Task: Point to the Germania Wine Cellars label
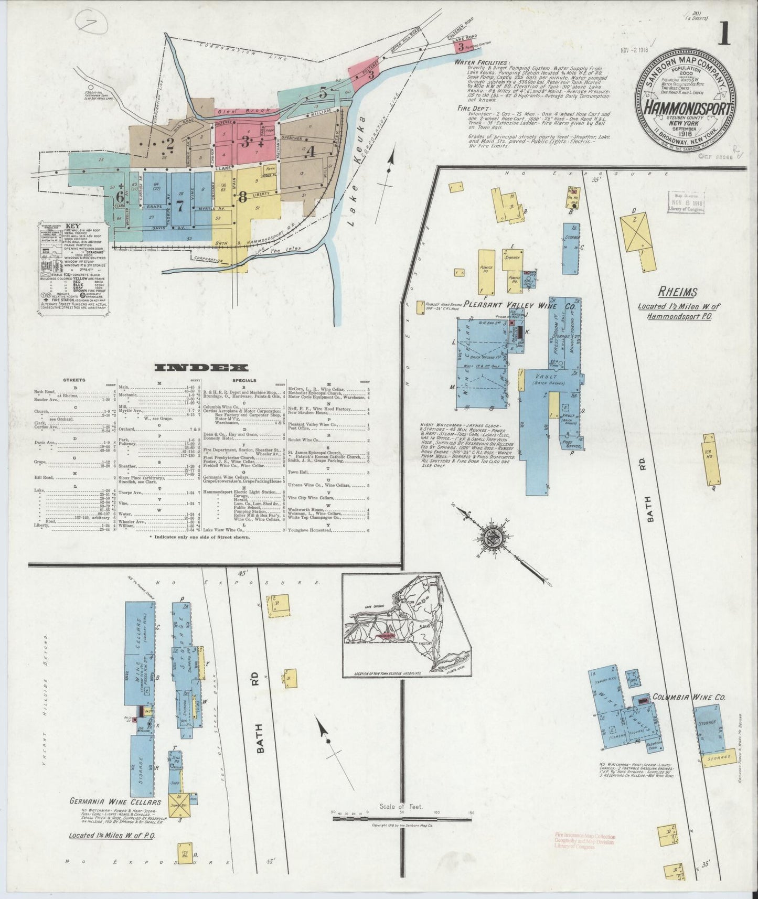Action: pos(115,817)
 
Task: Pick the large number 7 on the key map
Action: pos(180,206)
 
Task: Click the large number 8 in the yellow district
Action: pos(242,197)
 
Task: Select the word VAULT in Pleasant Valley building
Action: pos(546,377)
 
